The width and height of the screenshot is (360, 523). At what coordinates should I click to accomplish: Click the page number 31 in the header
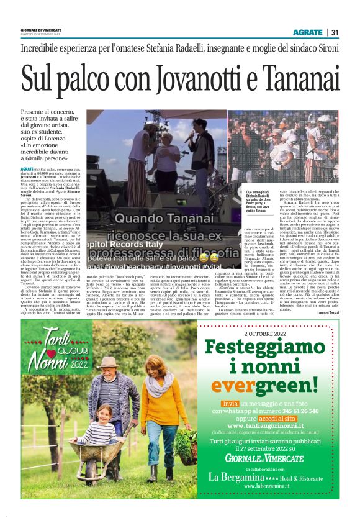tap(336, 32)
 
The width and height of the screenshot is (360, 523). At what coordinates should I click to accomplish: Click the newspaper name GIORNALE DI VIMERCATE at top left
tap(41, 29)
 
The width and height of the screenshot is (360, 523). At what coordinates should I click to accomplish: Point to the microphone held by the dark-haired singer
tap(189, 137)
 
